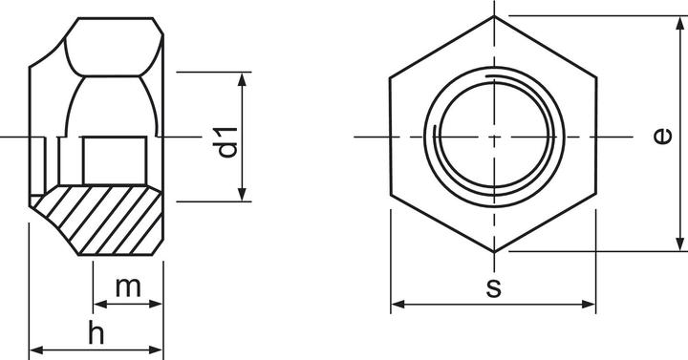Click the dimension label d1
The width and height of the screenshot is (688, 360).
click(228, 142)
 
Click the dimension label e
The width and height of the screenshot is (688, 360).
click(662, 136)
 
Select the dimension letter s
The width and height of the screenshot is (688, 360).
click(494, 288)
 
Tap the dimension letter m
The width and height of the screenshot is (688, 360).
click(128, 287)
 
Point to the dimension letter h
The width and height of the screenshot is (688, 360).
click(97, 333)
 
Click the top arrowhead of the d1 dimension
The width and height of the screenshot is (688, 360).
click(242, 79)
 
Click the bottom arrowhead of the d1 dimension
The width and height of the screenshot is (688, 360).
click(242, 194)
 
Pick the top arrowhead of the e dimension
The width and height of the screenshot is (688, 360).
click(679, 23)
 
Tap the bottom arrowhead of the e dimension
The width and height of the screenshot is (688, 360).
click(679, 244)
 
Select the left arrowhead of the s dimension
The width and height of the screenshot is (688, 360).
click(398, 304)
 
